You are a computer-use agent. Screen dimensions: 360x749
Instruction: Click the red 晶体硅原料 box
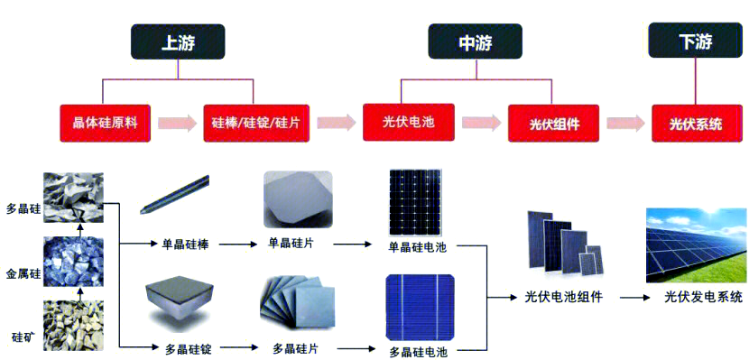[x=105, y=122]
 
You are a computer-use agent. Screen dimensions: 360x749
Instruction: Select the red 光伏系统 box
[x=695, y=123]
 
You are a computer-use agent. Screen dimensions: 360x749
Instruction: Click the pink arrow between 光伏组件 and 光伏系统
[x=624, y=123]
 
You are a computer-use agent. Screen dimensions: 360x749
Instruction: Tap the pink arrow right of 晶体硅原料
[x=178, y=123]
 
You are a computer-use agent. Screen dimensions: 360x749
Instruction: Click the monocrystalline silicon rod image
[x=176, y=196]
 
